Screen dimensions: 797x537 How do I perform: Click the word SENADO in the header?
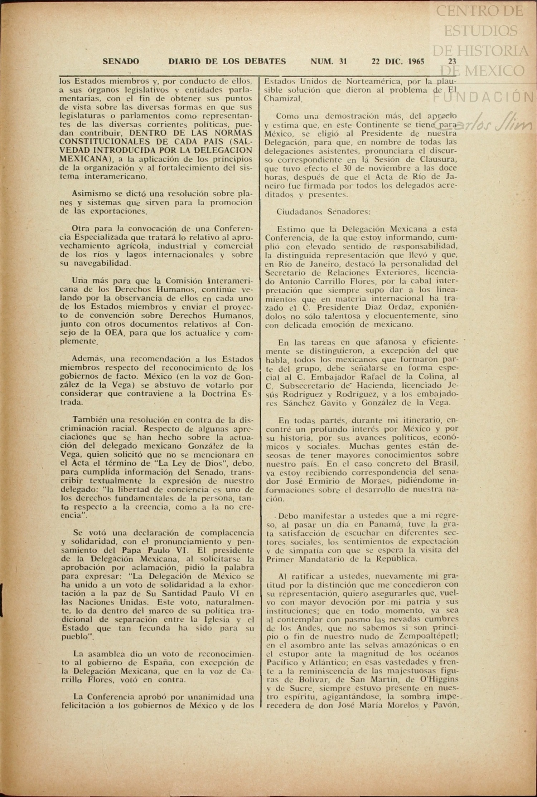[121, 62]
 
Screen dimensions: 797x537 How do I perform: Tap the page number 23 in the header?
[452, 62]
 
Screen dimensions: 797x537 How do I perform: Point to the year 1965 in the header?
[416, 62]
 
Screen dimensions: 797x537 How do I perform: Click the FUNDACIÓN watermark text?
[483, 97]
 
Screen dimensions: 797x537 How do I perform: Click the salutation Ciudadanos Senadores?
[323, 211]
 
